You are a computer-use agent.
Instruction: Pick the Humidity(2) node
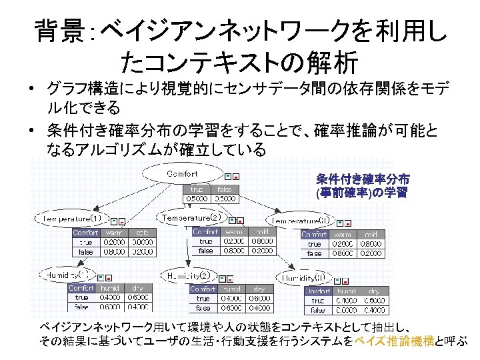tap(190, 275)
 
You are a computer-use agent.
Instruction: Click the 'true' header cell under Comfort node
tap(197, 189)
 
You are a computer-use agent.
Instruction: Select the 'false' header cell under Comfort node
tap(225, 189)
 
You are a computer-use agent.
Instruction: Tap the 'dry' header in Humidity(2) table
tap(259, 289)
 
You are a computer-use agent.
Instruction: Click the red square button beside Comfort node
tap(236, 177)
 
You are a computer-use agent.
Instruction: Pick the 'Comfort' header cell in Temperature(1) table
tap(86, 233)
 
